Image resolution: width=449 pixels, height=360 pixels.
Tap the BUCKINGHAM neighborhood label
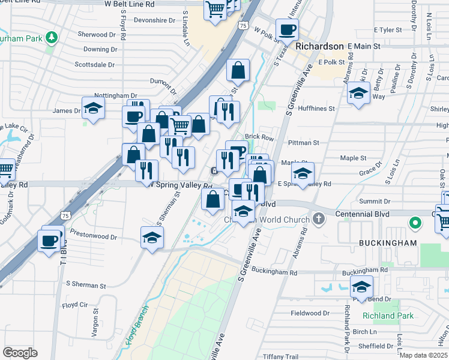pos(388,243)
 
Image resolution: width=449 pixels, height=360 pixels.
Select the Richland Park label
pos(388,316)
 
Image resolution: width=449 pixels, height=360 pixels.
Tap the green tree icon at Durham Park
pos(52,38)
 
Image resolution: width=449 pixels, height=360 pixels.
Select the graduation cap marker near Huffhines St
pos(358,93)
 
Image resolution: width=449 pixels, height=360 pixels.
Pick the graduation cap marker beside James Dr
pos(93,109)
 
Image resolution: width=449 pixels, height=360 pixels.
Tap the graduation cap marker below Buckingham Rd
pos(361,287)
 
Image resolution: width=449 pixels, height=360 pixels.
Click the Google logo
pos(20,352)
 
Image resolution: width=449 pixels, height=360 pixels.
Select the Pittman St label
pos(303,143)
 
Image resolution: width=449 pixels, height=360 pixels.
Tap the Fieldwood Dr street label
pos(310,313)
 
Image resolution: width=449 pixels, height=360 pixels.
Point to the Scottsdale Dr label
pos(95,64)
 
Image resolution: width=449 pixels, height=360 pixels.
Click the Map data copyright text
pos(424,355)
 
